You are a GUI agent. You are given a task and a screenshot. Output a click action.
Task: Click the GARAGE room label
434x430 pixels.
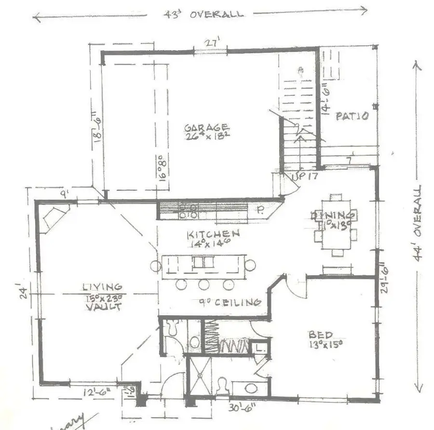(206, 128)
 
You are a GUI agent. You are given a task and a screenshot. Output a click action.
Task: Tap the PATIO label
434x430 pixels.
(353, 116)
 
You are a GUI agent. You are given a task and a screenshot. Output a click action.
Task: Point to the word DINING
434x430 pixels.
(334, 215)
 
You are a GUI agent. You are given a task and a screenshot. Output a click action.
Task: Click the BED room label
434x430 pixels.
(320, 335)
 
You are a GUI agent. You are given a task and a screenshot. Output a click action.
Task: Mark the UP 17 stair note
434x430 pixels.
(305, 177)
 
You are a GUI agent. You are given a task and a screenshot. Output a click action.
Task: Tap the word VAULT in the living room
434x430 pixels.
(102, 306)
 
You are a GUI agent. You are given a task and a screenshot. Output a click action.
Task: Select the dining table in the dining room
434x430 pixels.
(337, 225)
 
